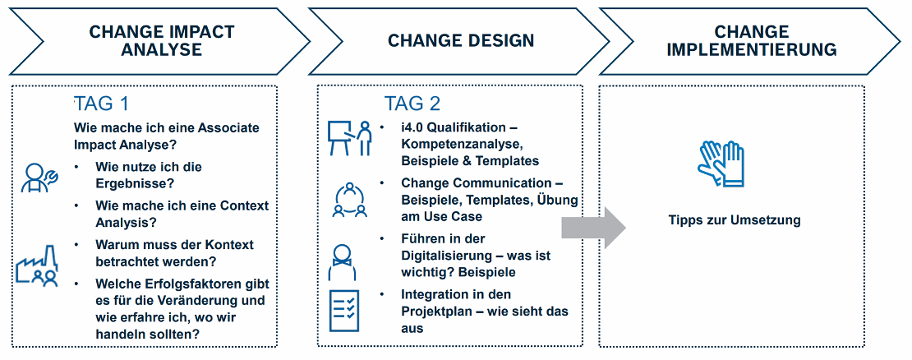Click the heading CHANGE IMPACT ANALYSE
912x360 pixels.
[x=162, y=40]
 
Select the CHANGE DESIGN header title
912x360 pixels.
[x=461, y=41]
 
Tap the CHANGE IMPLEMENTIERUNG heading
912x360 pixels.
[x=752, y=40]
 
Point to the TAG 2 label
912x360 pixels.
[x=412, y=104]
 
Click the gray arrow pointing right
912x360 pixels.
[x=593, y=228]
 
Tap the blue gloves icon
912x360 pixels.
[x=721, y=164]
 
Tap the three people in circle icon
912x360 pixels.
[x=349, y=200]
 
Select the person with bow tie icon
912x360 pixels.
[x=343, y=262]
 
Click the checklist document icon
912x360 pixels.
[x=344, y=311]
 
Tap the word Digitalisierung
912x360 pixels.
[x=451, y=256]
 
